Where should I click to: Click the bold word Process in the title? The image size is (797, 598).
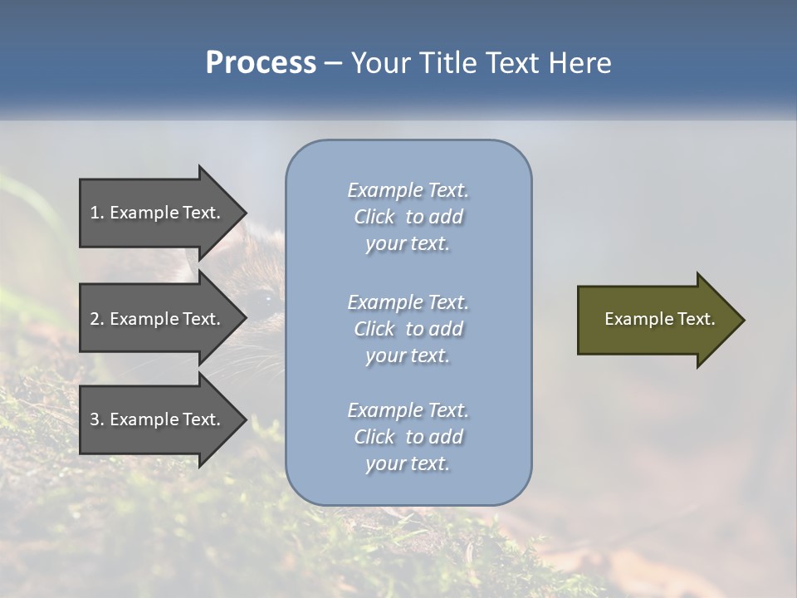pos(261,63)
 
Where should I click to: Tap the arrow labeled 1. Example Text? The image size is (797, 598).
pos(158,213)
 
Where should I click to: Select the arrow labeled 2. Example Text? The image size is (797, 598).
pos(158,319)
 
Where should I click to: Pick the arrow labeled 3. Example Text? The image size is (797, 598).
pos(158,419)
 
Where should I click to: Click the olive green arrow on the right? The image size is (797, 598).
pos(656,320)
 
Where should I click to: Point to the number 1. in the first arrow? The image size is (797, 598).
pos(97,213)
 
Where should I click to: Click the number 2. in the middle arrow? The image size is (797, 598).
pos(97,319)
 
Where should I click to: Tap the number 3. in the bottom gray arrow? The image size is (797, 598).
pos(97,419)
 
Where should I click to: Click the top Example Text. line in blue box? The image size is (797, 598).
pos(408,190)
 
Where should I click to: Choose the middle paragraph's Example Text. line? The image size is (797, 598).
pos(408,301)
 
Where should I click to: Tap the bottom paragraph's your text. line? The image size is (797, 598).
pos(408,463)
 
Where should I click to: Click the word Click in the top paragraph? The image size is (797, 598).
pos(374,217)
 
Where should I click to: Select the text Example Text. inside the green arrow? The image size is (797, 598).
pos(660,319)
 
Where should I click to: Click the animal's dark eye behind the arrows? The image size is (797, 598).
pos(266,297)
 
